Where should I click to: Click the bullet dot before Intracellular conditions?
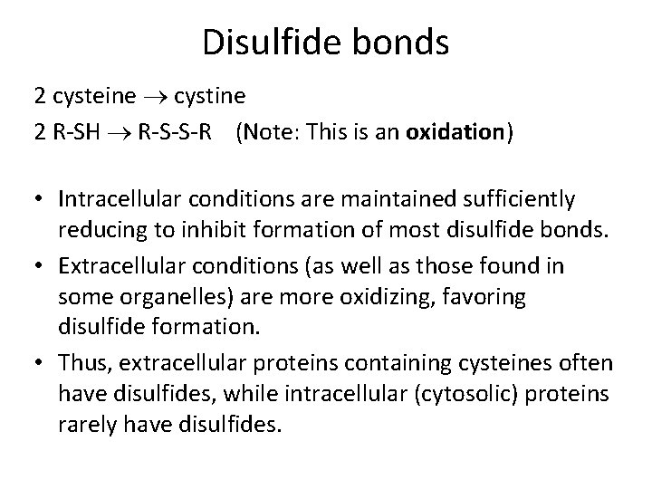[x=43, y=198]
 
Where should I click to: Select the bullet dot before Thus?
[x=43, y=363]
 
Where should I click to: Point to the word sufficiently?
[x=520, y=198]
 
